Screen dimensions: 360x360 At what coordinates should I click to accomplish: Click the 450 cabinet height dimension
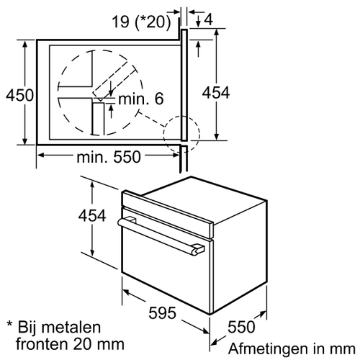pos(19,95)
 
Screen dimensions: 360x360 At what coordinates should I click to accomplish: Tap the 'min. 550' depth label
pos(109,157)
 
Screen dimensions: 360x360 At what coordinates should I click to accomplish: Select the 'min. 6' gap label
pos(141,99)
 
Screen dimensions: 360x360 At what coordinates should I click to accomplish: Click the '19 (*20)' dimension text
pos(142,22)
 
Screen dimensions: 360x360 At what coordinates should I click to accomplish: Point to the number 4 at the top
pos(209,19)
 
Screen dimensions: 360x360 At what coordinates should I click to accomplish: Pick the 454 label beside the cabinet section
pos(216,93)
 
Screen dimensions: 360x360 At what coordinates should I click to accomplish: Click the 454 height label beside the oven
pos(92,215)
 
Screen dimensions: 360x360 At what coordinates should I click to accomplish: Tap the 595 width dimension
pos(162,312)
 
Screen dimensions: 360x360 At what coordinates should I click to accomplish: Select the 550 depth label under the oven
pos(241,327)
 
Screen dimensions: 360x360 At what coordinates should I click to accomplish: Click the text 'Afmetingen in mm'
pos(292,348)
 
